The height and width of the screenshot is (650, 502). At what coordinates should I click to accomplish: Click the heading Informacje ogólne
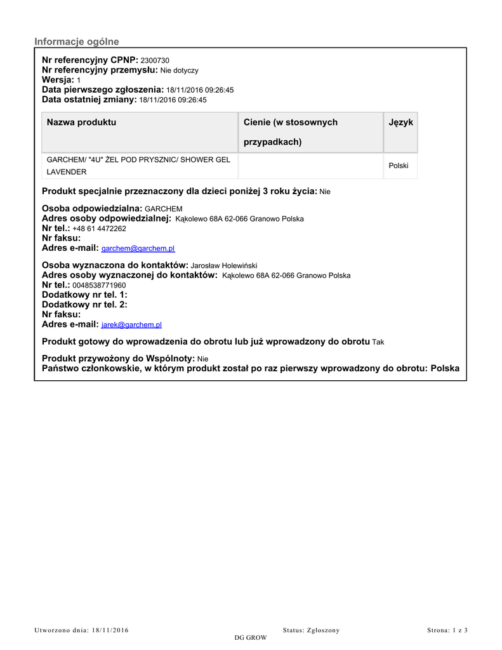click(x=76, y=42)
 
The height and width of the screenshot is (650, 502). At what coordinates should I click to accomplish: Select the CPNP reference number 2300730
click(x=155, y=60)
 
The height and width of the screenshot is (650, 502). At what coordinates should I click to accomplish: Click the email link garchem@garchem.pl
click(x=138, y=249)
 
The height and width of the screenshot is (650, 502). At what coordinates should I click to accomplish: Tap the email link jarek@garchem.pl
click(x=131, y=325)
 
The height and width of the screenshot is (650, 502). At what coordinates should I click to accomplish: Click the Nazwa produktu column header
click(x=81, y=122)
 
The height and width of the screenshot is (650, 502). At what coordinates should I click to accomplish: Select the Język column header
click(x=400, y=122)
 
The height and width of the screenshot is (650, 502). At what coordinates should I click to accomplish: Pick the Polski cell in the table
click(x=399, y=166)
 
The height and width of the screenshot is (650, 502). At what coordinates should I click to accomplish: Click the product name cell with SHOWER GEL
click(x=138, y=165)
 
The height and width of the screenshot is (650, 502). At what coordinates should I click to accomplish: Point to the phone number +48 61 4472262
click(x=99, y=229)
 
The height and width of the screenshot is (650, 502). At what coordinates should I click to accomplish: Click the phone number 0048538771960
click(x=99, y=286)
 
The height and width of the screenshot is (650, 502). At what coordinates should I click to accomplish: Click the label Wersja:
click(x=58, y=80)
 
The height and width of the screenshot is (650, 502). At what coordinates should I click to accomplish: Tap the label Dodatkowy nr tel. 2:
click(x=84, y=305)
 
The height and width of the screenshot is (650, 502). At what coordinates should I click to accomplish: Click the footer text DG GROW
click(x=251, y=637)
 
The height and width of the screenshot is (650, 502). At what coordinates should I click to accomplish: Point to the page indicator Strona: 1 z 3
click(x=447, y=630)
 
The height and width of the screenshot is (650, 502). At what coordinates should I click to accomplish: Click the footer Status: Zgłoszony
click(x=311, y=630)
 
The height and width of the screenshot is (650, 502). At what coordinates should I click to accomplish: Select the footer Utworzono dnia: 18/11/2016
click(x=81, y=630)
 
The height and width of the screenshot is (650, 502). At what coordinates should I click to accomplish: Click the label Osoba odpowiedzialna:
click(x=92, y=208)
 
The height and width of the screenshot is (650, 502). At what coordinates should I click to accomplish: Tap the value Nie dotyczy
click(x=179, y=70)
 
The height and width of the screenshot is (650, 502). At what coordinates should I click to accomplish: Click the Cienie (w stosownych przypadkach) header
click(x=291, y=131)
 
